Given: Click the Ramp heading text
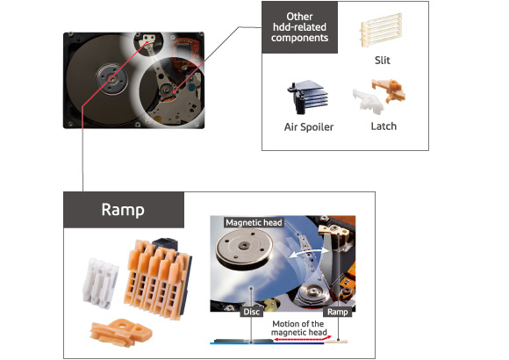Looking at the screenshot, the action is coord(123,210).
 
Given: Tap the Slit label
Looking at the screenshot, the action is coord(383,61).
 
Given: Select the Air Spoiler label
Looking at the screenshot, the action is coord(309,126).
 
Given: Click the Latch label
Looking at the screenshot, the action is coord(384,126).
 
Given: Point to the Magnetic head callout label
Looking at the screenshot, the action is coord(254,222).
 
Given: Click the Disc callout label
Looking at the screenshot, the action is coord(251,312).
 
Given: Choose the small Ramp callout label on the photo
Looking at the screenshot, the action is coord(338,312).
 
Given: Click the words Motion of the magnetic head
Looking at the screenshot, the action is coord(298,328).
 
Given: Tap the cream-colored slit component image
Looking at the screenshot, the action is coord(381,30).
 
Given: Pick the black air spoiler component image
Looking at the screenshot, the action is coord(307,97).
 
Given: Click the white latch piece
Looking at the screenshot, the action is coord(369,102).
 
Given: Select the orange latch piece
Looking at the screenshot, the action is coord(389,90).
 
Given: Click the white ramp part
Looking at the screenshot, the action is coord(100,284).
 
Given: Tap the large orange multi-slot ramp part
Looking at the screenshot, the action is coord(157,278).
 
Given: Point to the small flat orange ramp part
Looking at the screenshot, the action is coord(121,333).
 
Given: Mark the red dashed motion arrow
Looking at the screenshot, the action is coord(303,339).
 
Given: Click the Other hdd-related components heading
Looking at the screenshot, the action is coord(299,27).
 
